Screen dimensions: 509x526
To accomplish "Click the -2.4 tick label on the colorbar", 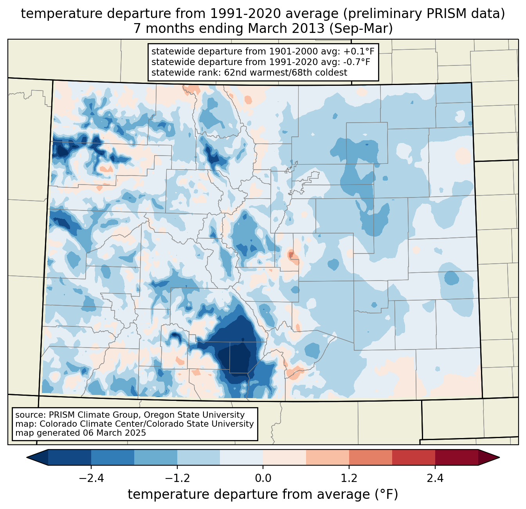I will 91,478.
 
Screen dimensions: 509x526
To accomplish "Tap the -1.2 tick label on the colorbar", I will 177,478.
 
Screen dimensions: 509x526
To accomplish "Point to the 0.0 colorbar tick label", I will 263,478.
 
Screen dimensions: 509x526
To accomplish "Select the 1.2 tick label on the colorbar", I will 349,478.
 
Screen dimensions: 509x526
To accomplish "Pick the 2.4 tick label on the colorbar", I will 435,478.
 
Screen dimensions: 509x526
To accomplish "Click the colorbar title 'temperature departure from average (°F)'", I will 263,495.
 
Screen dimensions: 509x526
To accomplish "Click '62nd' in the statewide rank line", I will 235,72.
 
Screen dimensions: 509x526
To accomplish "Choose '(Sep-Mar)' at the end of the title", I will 367,29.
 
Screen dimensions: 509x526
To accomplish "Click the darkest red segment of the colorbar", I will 456,457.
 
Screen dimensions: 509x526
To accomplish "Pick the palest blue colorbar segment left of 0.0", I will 241,457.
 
